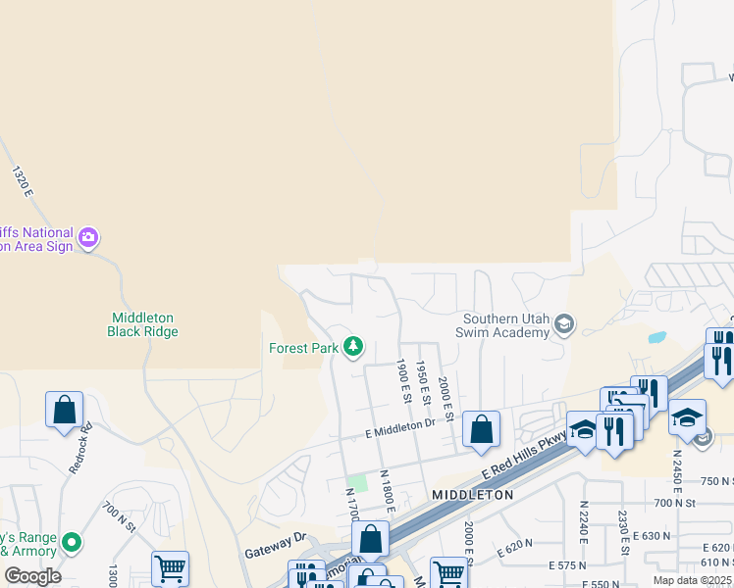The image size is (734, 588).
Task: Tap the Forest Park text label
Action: [x=302, y=348]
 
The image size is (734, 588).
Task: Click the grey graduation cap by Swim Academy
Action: [x=564, y=324]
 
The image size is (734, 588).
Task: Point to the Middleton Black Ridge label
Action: [x=142, y=324]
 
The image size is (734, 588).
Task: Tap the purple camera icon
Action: [x=89, y=237]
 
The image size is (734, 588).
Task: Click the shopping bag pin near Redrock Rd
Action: [x=64, y=411]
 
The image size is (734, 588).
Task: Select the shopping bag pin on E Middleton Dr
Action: [x=481, y=429]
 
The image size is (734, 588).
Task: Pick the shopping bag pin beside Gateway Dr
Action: [x=370, y=539]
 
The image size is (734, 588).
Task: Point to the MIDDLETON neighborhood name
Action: [x=473, y=496]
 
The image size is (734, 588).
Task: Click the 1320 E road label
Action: [x=23, y=184]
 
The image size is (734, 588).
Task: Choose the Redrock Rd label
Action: [x=80, y=448]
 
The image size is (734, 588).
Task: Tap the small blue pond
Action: [x=656, y=338]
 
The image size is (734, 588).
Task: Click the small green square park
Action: [x=360, y=482]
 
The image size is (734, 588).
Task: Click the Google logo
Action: [x=32, y=576]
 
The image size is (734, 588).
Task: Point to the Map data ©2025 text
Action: [x=693, y=580]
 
